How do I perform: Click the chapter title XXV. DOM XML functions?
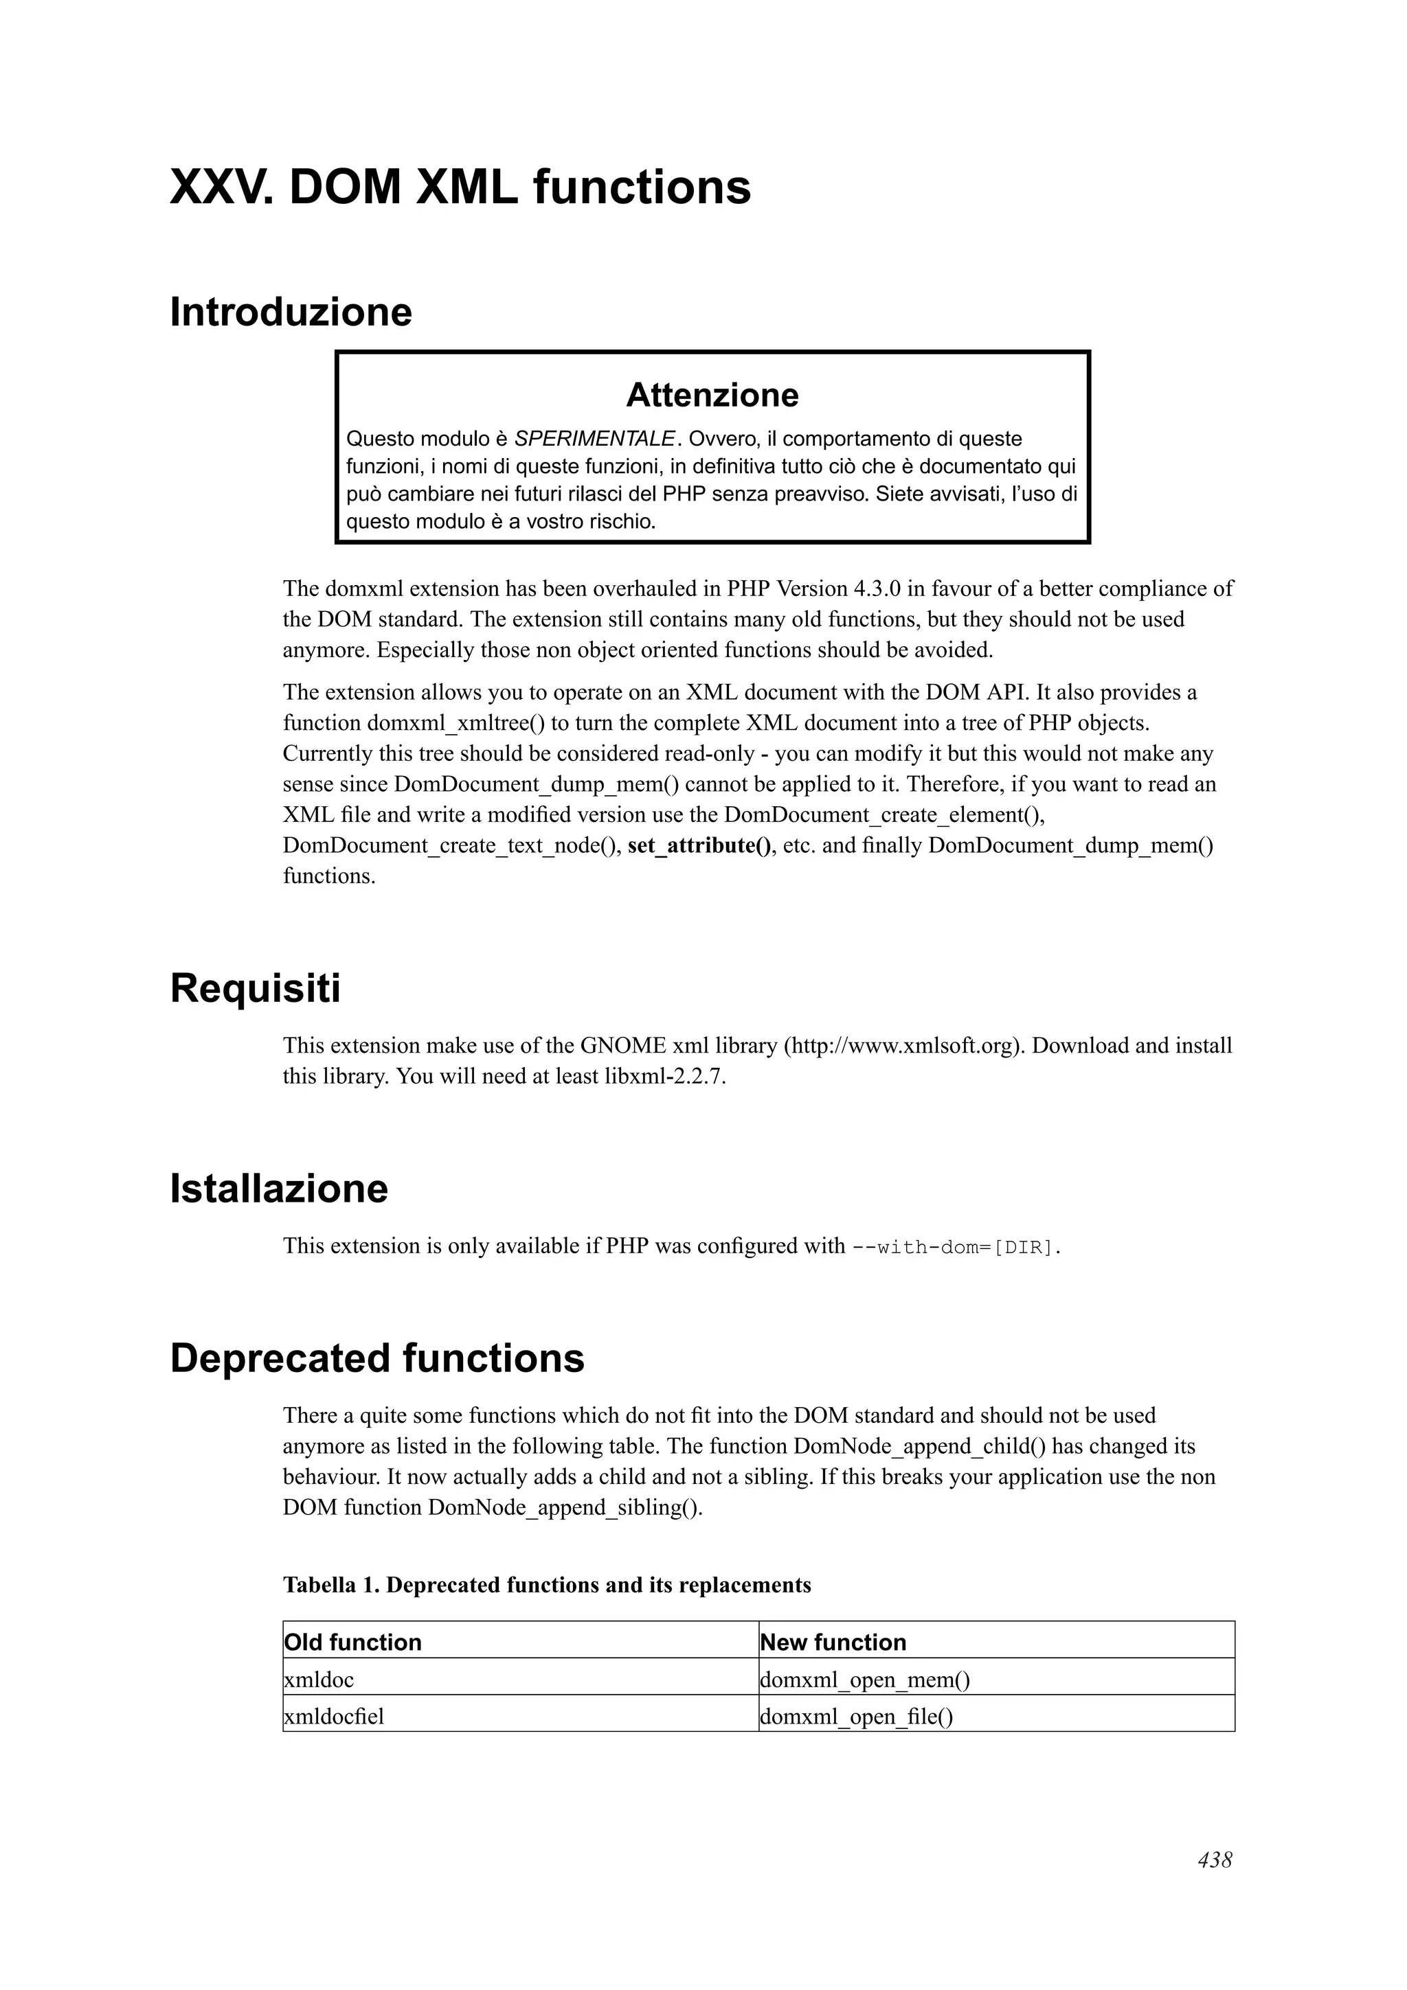[460, 188]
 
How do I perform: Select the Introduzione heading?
[291, 313]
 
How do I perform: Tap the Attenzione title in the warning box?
[712, 396]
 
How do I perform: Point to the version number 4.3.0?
[877, 589]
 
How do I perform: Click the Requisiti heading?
[255, 989]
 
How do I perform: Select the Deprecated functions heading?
[377, 1358]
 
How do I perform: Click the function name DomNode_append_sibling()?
[564, 1508]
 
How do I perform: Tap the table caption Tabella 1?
[331, 1586]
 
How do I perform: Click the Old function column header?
[353, 1643]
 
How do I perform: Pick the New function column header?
[832, 1643]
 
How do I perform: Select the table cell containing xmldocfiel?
[334, 1717]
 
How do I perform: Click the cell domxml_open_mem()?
[864, 1680]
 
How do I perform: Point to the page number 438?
[1215, 1861]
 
